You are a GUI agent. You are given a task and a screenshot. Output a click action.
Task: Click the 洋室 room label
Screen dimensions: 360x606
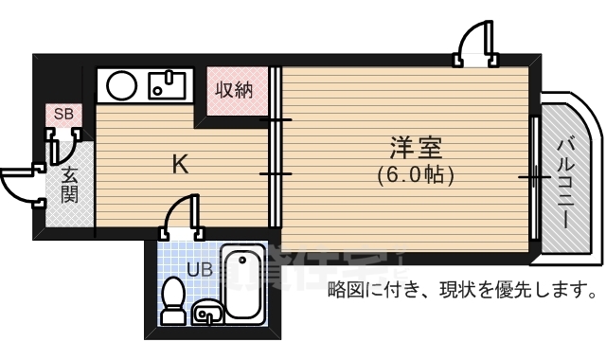(416, 149)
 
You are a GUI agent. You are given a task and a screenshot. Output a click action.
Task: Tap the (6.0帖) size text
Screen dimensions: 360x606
(416, 174)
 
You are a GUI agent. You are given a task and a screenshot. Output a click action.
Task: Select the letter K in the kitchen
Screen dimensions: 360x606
(179, 164)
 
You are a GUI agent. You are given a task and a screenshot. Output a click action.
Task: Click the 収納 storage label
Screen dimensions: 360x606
(233, 91)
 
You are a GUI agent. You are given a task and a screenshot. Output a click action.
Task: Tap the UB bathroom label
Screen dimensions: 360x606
(199, 269)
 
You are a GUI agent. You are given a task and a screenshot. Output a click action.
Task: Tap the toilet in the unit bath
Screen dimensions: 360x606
(172, 300)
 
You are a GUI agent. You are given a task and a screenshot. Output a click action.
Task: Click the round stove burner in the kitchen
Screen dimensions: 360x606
(122, 86)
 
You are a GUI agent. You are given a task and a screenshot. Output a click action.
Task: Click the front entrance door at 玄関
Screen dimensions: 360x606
(21, 180)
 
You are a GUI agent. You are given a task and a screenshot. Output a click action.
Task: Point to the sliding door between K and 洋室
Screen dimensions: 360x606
(275, 148)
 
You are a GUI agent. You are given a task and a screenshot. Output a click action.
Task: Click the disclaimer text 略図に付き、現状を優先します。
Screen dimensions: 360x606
(462, 288)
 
